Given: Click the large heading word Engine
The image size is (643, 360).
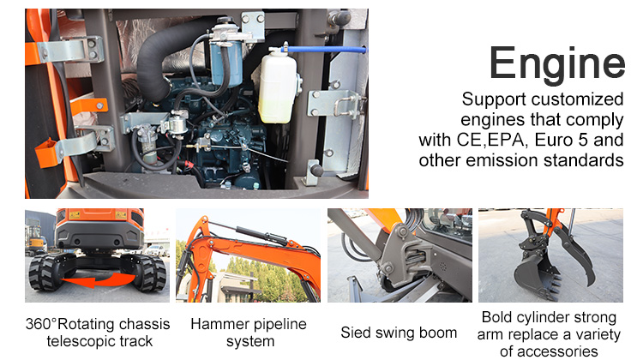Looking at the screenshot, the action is [557, 63].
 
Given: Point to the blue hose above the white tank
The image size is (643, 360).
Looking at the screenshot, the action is [327, 50].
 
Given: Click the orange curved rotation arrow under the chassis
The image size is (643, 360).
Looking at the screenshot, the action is [98, 280].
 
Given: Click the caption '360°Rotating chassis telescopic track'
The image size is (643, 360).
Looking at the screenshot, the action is [98, 333].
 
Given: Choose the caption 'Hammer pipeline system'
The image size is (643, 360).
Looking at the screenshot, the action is [249, 333].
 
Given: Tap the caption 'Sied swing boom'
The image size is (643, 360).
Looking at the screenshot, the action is [399, 333].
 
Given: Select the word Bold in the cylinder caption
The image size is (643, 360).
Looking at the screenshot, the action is [496, 317].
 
